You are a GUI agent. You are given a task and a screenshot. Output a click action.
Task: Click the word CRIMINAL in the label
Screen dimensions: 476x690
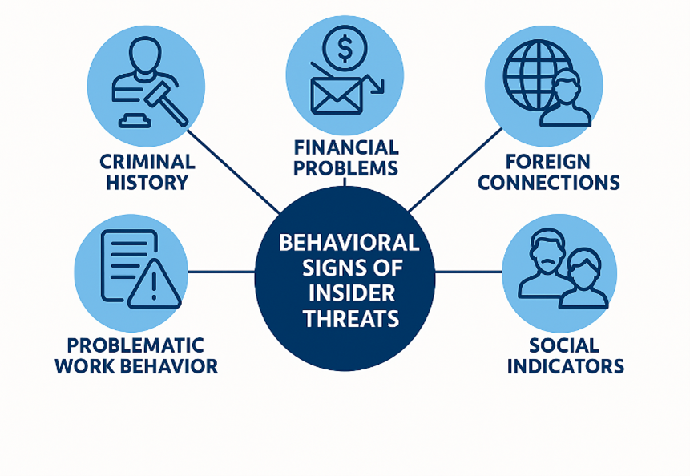coord(147,161)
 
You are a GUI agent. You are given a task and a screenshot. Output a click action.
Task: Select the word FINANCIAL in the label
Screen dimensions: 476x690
coord(345,147)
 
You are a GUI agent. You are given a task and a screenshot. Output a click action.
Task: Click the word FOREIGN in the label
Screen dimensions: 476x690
coord(549,161)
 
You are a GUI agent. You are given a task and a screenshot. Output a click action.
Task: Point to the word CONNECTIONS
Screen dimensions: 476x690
coord(549,182)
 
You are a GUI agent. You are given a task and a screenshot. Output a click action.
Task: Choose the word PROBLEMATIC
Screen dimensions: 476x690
coord(135,345)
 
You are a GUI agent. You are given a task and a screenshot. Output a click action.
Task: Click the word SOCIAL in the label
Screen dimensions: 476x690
coord(563,345)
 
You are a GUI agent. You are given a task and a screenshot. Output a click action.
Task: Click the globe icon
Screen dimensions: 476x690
coord(535,68)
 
